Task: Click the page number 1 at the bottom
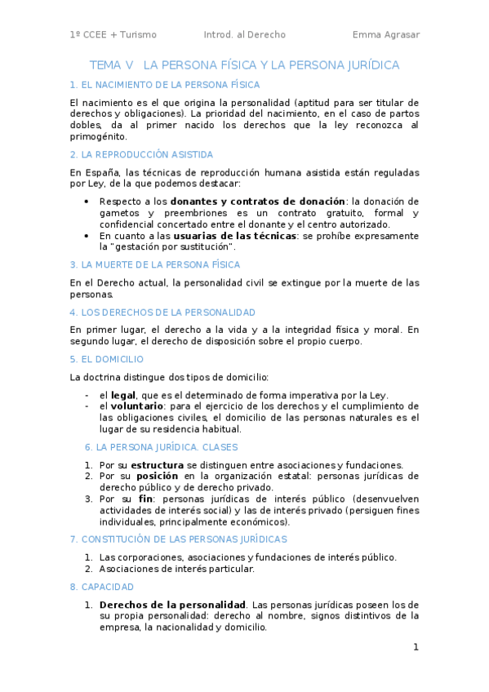click(416, 647)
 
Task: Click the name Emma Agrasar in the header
click(385, 35)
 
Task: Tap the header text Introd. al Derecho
click(245, 35)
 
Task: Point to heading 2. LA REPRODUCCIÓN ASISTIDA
click(141, 154)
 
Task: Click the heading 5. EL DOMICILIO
click(107, 358)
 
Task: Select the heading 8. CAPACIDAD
click(102, 587)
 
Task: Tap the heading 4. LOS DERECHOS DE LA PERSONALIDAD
click(162, 313)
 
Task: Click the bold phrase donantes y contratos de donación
click(258, 201)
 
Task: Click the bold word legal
click(123, 395)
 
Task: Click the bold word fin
click(146, 499)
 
